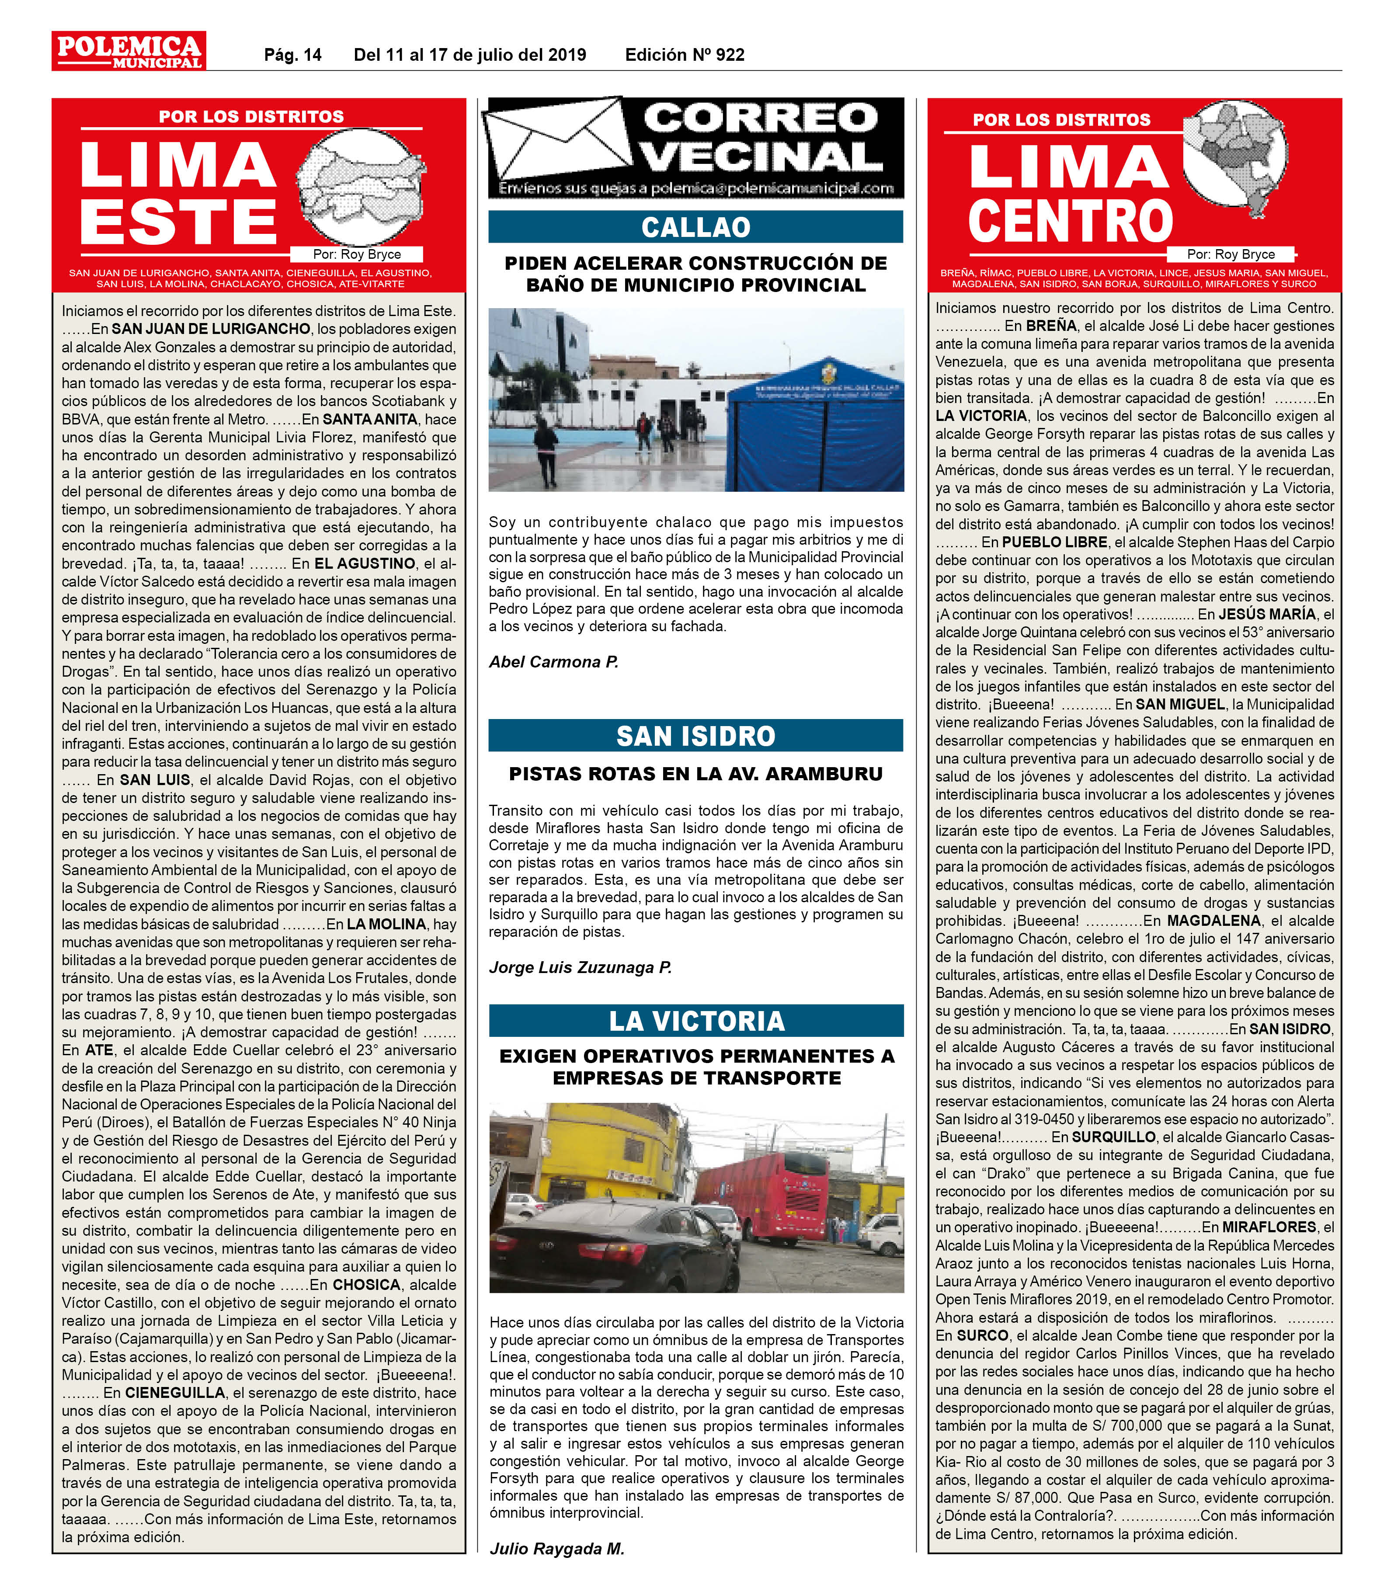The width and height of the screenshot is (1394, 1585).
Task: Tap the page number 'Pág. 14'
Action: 292,55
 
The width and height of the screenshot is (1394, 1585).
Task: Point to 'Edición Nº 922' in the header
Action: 685,55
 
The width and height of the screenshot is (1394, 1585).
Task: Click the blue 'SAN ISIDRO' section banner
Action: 695,735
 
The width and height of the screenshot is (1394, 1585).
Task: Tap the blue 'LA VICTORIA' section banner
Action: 695,1021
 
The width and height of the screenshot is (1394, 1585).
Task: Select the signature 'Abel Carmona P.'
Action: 553,661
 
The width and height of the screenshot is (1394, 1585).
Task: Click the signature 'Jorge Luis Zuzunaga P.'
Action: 580,967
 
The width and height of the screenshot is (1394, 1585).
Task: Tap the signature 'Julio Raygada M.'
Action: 556,1549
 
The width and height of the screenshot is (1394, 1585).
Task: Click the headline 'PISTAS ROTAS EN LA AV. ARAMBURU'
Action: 695,774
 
